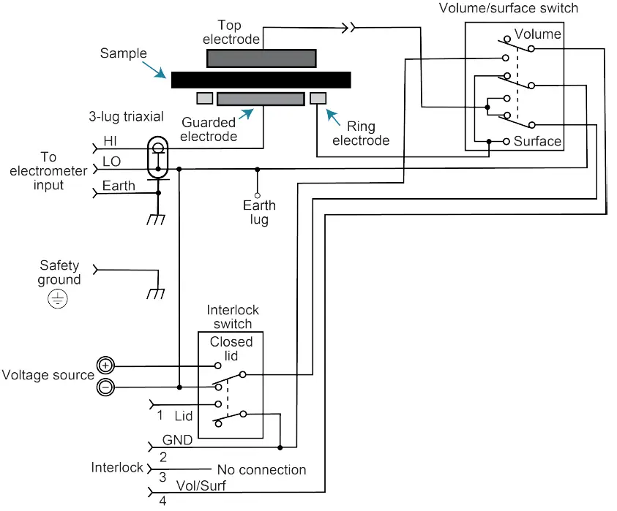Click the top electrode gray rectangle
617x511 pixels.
coord(261,58)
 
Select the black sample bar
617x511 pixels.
coord(261,80)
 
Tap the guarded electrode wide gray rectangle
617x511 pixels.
coord(260,99)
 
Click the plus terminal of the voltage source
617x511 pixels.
coord(106,365)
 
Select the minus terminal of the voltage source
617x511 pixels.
coord(106,387)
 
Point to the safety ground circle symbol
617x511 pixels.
coord(57,298)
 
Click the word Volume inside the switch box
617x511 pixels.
coord(538,34)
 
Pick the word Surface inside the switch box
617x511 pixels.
coord(537,141)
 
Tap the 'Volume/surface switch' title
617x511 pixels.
coord(508,9)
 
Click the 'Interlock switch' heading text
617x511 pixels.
coord(233,317)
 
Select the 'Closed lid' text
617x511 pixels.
coord(231,348)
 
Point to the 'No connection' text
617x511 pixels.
coord(261,469)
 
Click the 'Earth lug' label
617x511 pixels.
coord(256,213)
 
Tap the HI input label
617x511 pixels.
coord(110,141)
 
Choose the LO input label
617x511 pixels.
coord(112,161)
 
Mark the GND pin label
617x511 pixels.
coord(178,440)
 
